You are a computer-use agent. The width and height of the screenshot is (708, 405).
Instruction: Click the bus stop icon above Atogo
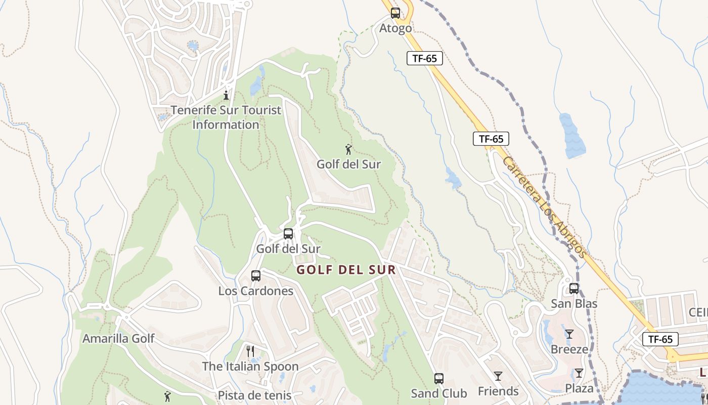point(395,13)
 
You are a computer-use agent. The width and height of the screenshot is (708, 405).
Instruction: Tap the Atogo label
point(395,28)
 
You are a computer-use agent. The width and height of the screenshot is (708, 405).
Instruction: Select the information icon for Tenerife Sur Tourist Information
point(226,95)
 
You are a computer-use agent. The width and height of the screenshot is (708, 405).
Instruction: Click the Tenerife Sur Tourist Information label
point(226,117)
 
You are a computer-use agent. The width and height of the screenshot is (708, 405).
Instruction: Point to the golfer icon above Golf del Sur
point(348,149)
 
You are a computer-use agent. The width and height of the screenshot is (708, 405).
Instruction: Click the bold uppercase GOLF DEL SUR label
point(346,270)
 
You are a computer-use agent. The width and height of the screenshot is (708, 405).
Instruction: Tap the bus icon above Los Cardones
point(256,276)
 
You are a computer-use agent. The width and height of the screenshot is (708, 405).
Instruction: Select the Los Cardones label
point(256,291)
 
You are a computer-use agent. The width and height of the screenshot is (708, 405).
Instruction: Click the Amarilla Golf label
point(118,339)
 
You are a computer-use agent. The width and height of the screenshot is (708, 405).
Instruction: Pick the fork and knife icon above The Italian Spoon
point(250,351)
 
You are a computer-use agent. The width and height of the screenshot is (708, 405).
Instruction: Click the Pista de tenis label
point(255,395)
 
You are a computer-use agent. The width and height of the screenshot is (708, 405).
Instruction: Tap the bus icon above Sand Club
point(438,378)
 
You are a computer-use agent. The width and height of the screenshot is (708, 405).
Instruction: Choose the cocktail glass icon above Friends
point(498,376)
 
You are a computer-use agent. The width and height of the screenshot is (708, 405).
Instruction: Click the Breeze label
point(569,349)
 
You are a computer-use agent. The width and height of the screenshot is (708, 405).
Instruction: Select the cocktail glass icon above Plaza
point(579,374)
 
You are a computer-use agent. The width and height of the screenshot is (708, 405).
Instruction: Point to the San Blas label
point(574,304)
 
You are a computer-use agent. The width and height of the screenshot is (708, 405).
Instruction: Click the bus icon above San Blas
point(574,289)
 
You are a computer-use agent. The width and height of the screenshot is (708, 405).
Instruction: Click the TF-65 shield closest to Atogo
point(425,58)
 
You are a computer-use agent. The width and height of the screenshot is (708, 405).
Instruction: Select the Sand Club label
point(439,393)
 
